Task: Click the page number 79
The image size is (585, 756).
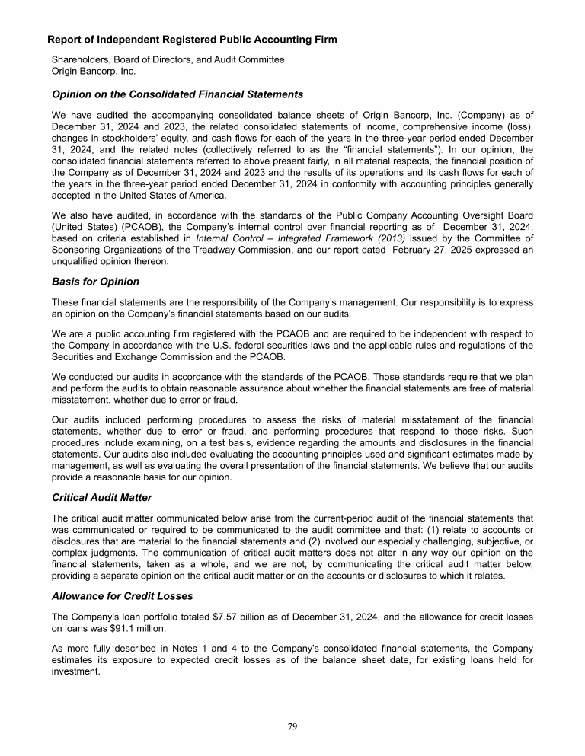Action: tap(292, 726)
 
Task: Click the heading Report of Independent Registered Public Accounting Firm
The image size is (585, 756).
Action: tap(192, 39)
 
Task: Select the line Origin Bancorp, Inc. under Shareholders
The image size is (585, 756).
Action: tap(93, 71)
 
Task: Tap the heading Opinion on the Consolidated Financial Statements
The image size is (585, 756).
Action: tap(177, 94)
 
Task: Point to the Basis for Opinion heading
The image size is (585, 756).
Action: tap(95, 282)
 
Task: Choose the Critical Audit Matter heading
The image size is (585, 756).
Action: tap(101, 497)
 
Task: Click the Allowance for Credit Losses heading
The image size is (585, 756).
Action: tap(122, 595)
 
